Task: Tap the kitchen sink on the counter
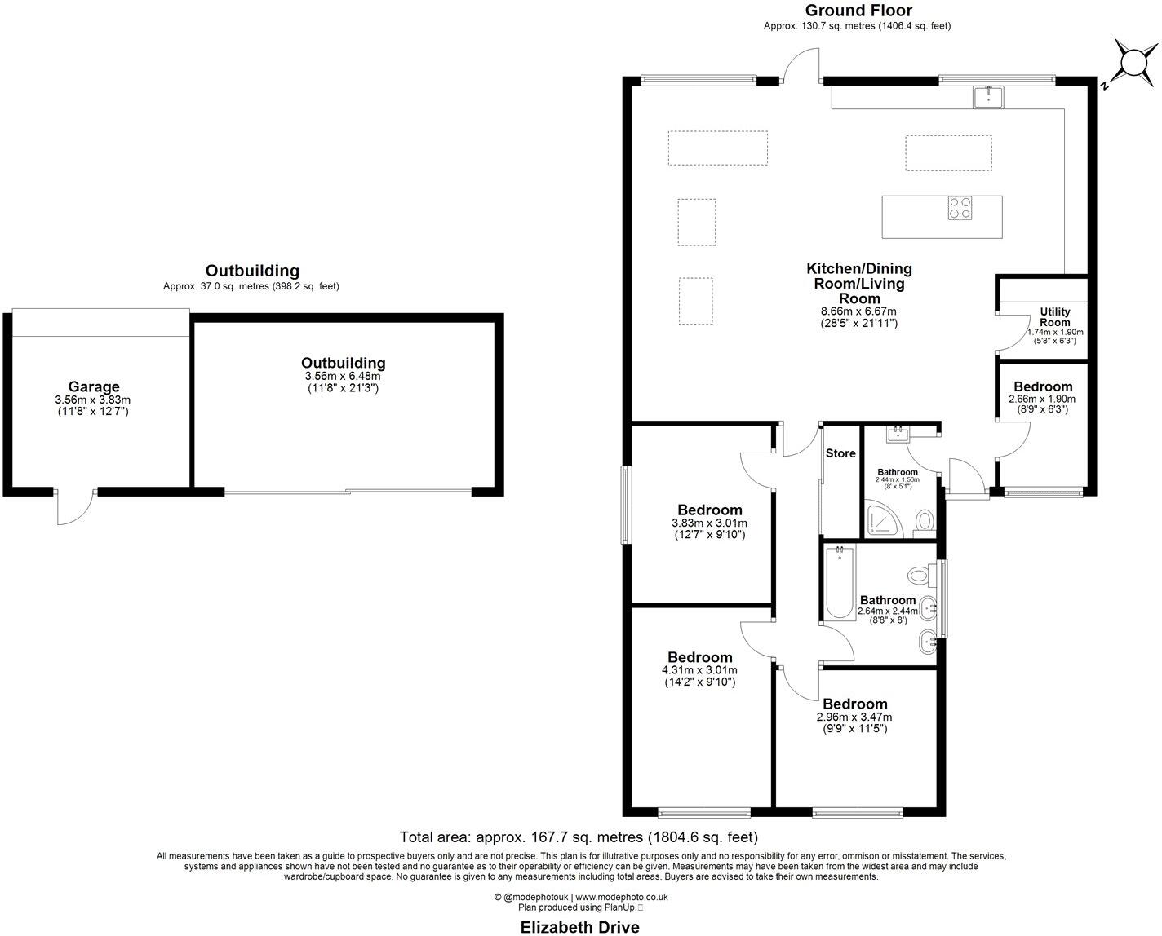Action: pos(989,96)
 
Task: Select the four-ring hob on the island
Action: pos(960,209)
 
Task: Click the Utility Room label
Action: pos(1054,316)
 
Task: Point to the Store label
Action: pos(840,453)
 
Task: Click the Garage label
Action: pos(93,387)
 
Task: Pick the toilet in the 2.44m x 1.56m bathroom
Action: pos(925,520)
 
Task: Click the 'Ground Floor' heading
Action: pos(858,11)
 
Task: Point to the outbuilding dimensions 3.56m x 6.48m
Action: pos(343,376)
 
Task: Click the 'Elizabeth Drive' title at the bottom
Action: pos(580,926)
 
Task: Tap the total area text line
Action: pos(579,837)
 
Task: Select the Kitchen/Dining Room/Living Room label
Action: pos(859,283)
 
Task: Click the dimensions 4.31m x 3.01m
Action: pos(699,671)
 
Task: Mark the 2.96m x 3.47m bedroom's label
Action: pos(854,704)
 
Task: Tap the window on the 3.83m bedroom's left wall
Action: pos(625,504)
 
